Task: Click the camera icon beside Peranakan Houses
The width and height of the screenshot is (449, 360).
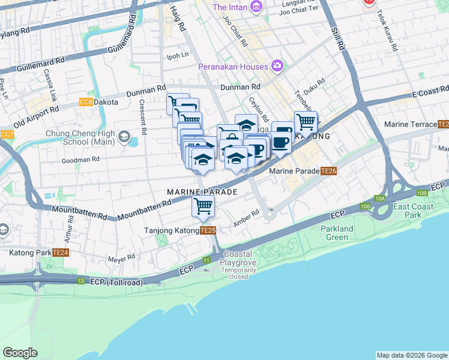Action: (277, 65)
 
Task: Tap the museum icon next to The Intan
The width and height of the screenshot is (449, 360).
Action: (257, 7)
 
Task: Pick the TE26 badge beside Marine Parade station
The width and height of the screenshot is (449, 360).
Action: (328, 171)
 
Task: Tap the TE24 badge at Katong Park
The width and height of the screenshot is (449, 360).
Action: (61, 253)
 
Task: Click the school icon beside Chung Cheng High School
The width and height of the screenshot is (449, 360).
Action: (124, 136)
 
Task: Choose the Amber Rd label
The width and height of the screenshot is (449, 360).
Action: (246, 217)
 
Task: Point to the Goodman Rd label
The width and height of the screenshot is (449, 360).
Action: (80, 160)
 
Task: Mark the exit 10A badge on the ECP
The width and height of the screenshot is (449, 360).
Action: (379, 197)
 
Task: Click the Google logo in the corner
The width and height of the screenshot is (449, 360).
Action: (20, 353)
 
